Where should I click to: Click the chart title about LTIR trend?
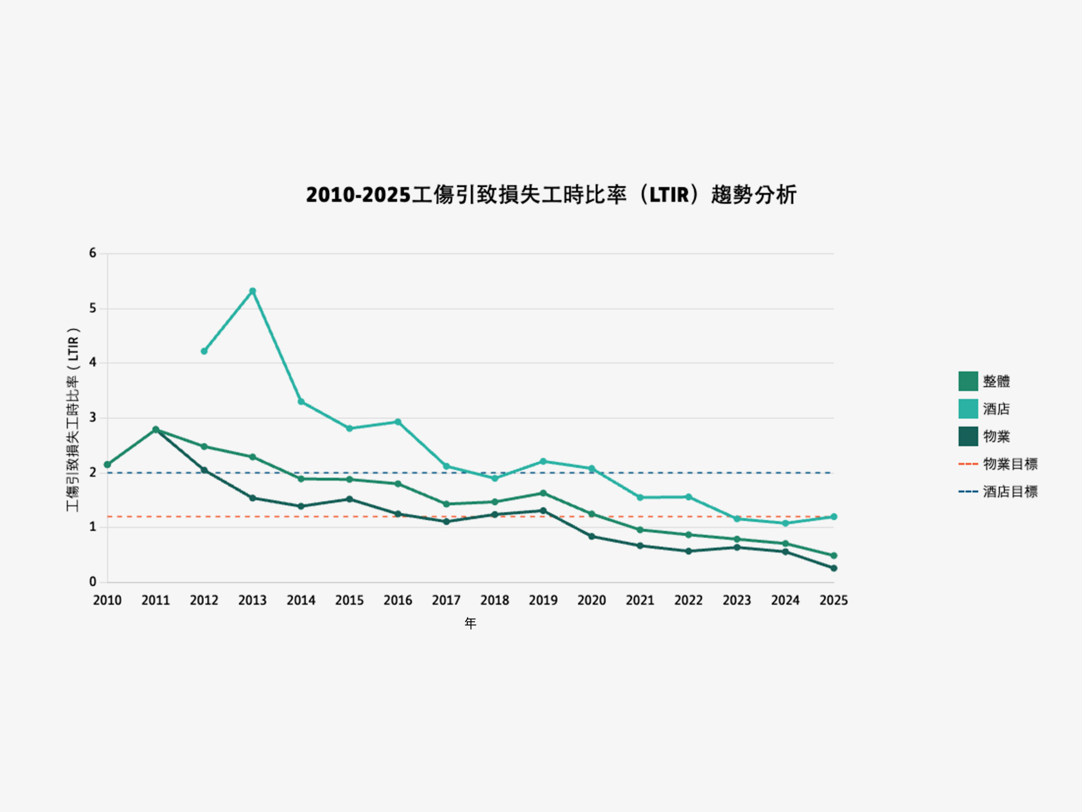coord(551,195)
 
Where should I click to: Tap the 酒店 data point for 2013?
coord(253,291)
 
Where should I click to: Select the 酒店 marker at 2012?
coord(204,351)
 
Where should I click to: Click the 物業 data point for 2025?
coord(834,568)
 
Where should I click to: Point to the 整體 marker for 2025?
coord(834,555)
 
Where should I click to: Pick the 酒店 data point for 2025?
coord(834,517)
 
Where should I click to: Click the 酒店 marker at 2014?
coord(301,402)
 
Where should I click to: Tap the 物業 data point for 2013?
coord(253,498)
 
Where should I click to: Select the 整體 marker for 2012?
coord(204,447)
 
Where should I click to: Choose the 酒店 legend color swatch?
coord(968,409)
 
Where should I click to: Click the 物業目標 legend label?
coord(1010,464)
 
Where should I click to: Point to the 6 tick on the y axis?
coord(93,253)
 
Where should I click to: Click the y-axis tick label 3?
coord(93,417)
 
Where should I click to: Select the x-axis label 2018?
coord(494,600)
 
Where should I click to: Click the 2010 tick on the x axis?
coord(107,600)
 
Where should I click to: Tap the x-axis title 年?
coord(470,624)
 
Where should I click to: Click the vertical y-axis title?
coord(73,420)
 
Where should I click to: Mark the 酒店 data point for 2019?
coord(543,462)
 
